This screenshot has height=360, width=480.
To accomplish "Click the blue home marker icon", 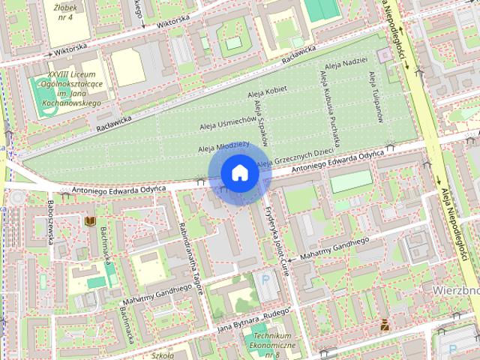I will coord(240,172).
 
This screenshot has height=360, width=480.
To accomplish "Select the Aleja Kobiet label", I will coord(267,91).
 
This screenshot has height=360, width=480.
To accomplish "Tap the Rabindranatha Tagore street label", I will coord(190,265).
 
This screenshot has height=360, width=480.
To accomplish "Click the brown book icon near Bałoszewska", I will coord(90,220).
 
